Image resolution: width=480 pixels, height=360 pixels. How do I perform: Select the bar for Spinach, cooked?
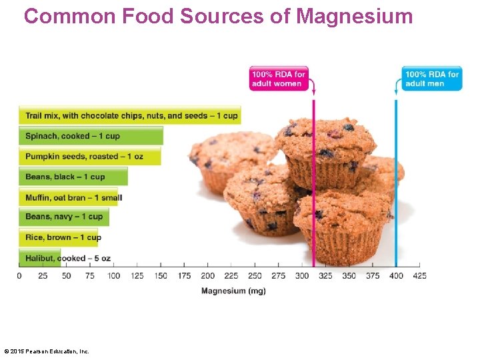coord(90,136)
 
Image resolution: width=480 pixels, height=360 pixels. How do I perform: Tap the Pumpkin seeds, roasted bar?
coord(89,157)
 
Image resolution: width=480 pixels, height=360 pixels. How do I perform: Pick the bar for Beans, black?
coord(73,177)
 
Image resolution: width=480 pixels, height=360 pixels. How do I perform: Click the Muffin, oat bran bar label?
coord(73,197)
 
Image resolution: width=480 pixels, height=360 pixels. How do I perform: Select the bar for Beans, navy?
coord(63,217)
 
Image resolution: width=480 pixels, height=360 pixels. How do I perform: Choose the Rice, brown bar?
coord(60,237)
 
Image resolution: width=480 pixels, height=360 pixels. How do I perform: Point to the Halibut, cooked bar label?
coord(67,258)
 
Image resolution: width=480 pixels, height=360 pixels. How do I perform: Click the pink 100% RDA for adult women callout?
coord(278,79)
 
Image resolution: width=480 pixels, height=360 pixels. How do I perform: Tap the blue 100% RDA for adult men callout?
coord(431,79)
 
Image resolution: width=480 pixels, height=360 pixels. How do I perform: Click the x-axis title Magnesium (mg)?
coord(233,291)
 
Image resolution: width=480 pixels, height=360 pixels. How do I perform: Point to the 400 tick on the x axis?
coord(396,275)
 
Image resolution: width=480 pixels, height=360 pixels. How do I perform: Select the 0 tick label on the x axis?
coord(19,275)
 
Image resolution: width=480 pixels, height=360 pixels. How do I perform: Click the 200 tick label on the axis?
coord(207,275)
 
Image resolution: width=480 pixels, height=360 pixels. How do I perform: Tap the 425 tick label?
coord(419,275)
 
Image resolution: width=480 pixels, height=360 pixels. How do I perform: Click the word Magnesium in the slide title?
coord(354,16)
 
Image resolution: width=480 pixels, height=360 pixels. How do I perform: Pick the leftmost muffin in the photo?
coord(227,160)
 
